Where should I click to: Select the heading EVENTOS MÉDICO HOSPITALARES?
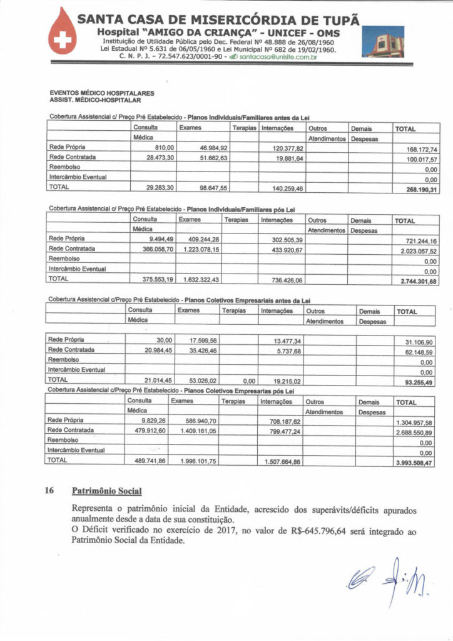coord(101,93)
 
